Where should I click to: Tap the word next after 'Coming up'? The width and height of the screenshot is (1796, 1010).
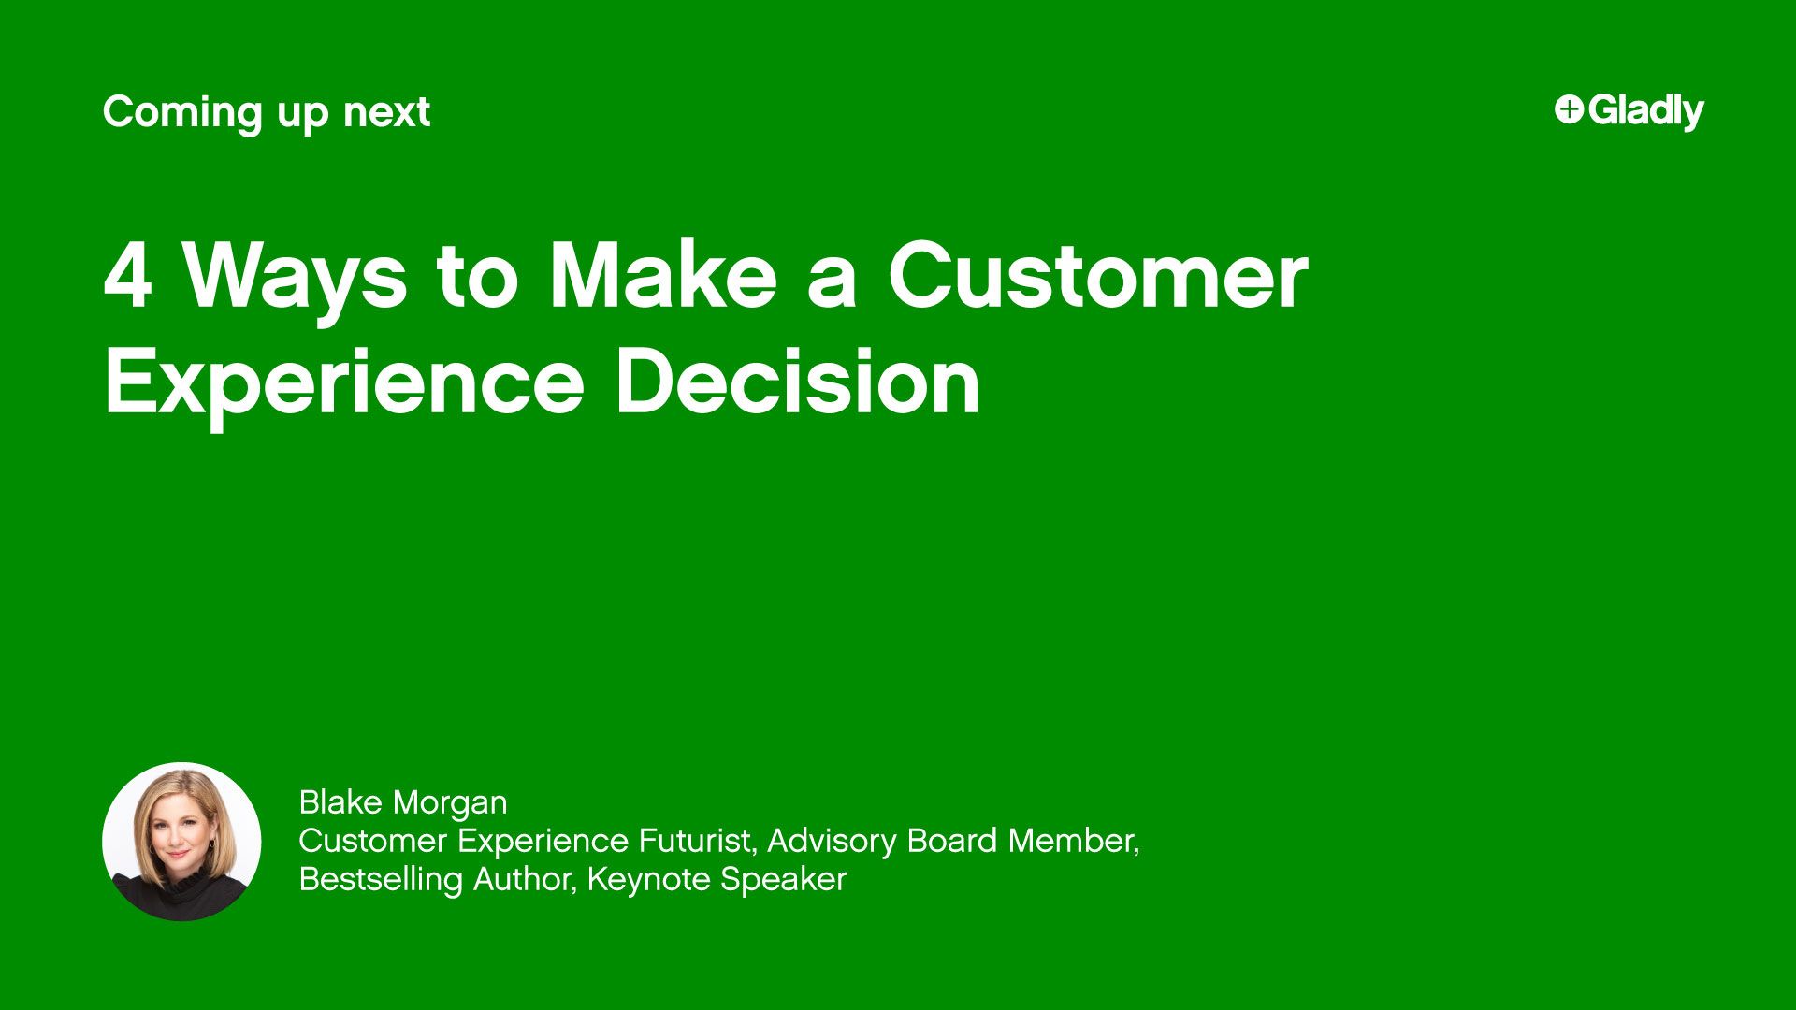(386, 113)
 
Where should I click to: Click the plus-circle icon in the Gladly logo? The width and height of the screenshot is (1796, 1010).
(1569, 109)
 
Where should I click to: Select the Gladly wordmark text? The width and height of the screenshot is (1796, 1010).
(1646, 111)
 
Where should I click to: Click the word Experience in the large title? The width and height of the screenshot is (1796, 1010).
(344, 383)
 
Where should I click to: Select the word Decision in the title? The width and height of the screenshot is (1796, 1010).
(798, 382)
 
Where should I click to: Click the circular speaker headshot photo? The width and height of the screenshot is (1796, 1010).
(181, 842)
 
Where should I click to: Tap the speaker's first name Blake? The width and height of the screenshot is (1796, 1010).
(340, 802)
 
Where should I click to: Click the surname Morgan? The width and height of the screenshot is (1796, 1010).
(450, 803)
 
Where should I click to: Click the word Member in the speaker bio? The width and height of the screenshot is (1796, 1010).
(1073, 841)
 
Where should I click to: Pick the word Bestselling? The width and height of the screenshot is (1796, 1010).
(381, 879)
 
